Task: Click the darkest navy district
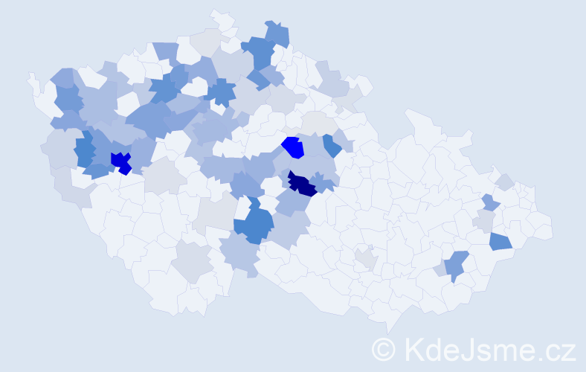pyautogui.click(x=302, y=185)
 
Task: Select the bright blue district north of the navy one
pyautogui.click(x=294, y=147)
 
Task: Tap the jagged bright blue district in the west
pyautogui.click(x=120, y=161)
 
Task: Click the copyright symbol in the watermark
pyautogui.click(x=383, y=349)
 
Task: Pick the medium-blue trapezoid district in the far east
pyautogui.click(x=500, y=241)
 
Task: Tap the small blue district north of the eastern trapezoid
pyautogui.click(x=489, y=202)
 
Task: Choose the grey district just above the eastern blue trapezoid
pyautogui.click(x=485, y=221)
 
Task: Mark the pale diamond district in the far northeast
pyautogui.click(x=505, y=182)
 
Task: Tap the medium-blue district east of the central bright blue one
pyautogui.click(x=332, y=144)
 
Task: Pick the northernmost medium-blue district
pyautogui.click(x=277, y=33)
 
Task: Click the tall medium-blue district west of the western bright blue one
pyautogui.click(x=84, y=150)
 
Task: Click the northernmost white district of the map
pyautogui.click(x=221, y=18)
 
